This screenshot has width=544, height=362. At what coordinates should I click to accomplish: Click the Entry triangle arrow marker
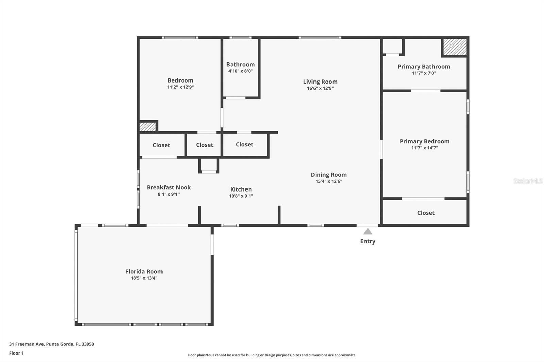pos(368,232)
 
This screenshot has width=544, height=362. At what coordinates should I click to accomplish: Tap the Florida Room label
pos(144,272)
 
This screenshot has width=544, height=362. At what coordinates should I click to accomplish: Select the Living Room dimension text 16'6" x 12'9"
pos(320,88)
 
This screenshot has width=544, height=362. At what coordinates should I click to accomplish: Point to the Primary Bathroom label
pos(424,67)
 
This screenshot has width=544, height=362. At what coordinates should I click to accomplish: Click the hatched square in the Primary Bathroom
pos(455,47)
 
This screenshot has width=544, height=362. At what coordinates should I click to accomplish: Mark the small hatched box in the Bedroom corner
pos(148,127)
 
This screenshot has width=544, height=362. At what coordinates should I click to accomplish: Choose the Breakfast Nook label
pos(169,187)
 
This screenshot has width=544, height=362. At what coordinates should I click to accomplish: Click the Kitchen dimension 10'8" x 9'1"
pos(241,196)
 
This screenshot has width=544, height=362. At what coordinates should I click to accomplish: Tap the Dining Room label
pos(329,175)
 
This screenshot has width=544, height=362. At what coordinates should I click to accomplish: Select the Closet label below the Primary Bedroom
pos(426,213)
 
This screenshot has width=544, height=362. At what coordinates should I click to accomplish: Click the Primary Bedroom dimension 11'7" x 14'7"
pos(425,148)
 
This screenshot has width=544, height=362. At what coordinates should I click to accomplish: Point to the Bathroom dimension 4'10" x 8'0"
pos(240,71)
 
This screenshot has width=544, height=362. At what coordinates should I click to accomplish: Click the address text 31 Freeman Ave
pos(27,344)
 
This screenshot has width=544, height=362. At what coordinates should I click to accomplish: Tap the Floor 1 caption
pos(16,353)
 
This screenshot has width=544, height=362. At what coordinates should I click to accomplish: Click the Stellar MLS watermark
pos(528,181)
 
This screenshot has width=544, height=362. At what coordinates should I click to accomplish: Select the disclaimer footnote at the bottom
pos(272,355)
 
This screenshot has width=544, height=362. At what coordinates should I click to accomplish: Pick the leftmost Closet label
pos(161,145)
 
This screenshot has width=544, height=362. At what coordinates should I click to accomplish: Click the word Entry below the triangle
pos(368,241)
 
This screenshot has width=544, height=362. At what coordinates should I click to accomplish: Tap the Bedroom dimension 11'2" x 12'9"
pos(181,87)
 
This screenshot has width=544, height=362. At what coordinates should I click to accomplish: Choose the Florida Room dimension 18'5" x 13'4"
pos(144,278)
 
